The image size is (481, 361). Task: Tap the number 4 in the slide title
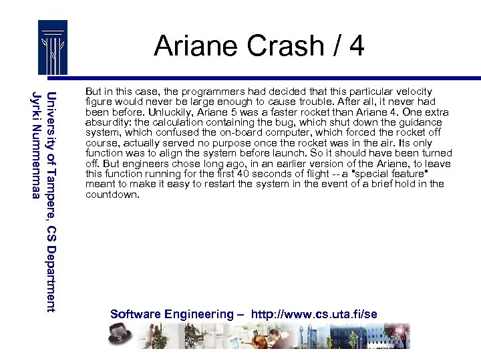coord(356,45)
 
